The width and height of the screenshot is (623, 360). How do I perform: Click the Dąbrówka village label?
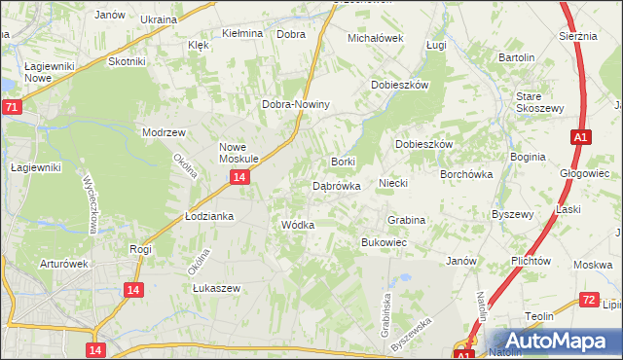[337, 185]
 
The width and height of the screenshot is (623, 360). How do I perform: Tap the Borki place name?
[343, 162]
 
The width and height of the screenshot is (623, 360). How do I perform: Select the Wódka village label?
[297, 225]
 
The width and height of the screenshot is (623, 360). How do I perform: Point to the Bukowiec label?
[384, 241]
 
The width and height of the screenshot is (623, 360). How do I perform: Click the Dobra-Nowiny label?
[297, 105]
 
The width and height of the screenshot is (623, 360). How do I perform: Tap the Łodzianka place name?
[209, 216]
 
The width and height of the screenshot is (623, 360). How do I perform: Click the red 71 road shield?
[11, 106]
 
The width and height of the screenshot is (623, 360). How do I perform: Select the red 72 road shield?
[588, 301]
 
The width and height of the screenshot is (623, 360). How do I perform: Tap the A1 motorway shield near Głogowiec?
[579, 138]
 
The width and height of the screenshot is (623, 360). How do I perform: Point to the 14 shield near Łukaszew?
[134, 289]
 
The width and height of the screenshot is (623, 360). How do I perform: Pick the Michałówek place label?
[376, 38]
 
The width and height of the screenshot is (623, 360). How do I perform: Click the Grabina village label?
[406, 221]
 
